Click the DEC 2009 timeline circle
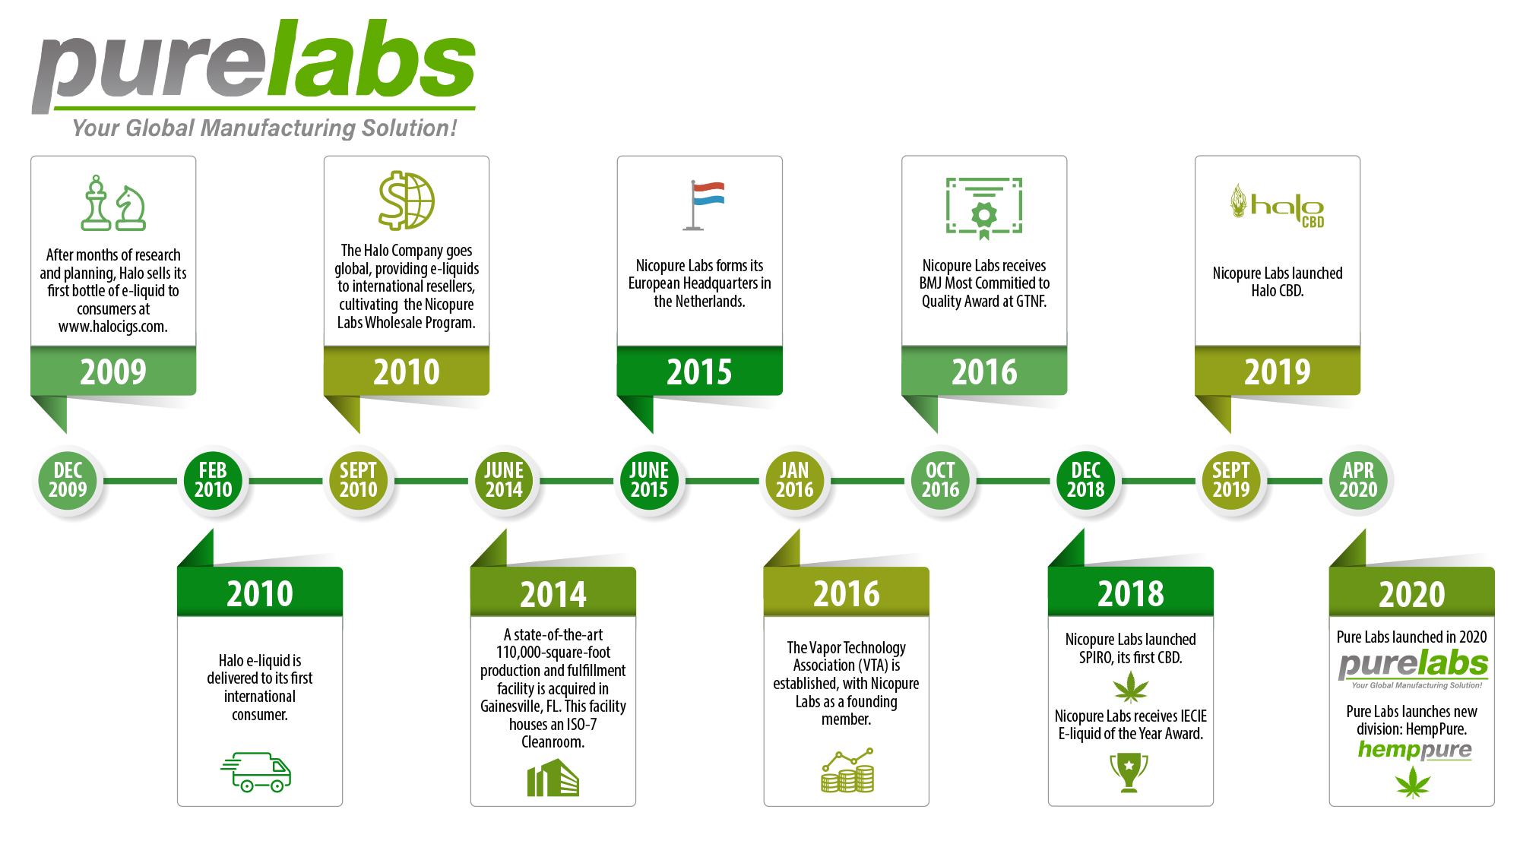coord(68,480)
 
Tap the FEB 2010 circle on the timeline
coord(213,480)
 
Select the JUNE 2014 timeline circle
coord(504,480)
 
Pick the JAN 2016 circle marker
coord(794,480)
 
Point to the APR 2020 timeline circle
coord(1358,480)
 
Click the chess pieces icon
coord(113,203)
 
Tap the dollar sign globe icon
coord(407,201)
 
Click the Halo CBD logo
coord(1278,206)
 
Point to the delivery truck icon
coord(256,772)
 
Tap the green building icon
coord(553,779)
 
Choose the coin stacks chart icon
coord(847,770)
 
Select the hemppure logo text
coord(1414,751)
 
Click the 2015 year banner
coord(699,371)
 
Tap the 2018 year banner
coord(1131,593)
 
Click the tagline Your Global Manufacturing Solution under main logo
coord(264,128)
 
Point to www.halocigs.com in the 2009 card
coord(113,327)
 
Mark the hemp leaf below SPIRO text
coord(1131,687)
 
